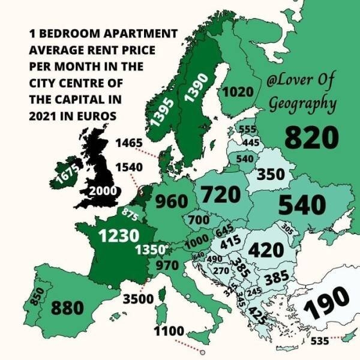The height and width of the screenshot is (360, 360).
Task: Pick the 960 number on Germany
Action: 172,202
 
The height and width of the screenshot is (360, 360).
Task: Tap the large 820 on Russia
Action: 311,137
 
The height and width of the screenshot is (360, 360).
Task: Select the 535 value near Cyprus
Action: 320,343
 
